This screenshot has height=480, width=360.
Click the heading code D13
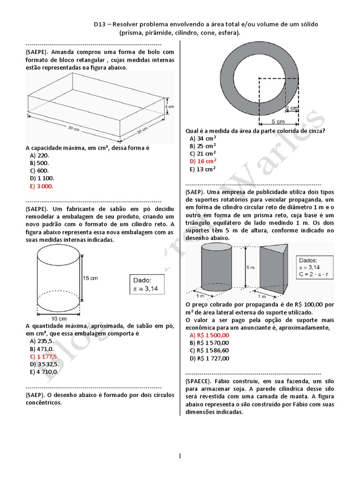99,24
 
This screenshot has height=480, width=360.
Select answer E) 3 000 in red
41,186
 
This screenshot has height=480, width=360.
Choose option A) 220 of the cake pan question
39,155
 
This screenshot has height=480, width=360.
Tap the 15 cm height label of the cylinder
90,278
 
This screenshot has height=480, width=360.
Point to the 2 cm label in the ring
292,108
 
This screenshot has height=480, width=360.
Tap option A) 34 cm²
202,138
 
